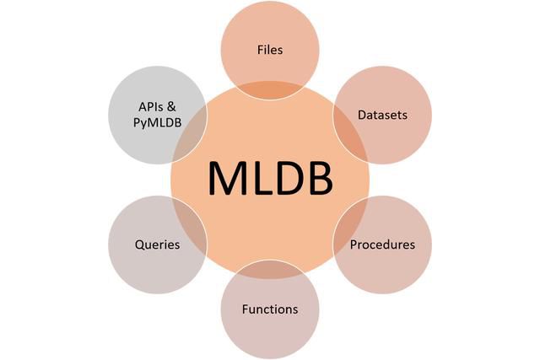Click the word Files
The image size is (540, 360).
point(270,50)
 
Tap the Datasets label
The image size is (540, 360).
point(383,115)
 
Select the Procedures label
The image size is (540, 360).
point(383,245)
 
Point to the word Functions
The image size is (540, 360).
point(270,309)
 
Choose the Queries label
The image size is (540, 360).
point(157,245)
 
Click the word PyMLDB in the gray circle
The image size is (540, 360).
point(158,123)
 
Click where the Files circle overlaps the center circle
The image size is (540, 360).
point(270,89)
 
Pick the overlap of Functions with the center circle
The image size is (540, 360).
point(270,271)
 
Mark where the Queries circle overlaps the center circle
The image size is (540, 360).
point(191,225)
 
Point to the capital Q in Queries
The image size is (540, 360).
point(139,245)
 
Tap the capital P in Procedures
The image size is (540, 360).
point(354,245)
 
